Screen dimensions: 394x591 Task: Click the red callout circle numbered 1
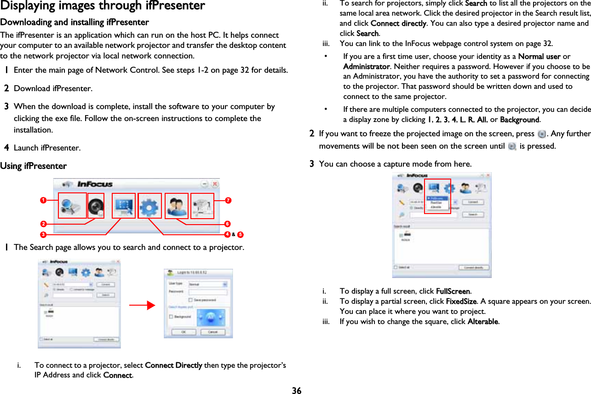click(42, 200)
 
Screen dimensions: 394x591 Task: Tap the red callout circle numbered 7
click(228, 200)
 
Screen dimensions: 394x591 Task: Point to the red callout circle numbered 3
click(42, 235)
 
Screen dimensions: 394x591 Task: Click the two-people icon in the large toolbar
click(176, 206)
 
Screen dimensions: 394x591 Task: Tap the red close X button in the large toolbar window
click(214, 183)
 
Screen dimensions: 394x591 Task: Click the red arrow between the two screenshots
click(142, 304)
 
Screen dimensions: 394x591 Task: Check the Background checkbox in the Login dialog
click(172, 317)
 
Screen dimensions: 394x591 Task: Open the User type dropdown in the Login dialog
click(225, 284)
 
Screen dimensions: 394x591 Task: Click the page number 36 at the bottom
click(297, 391)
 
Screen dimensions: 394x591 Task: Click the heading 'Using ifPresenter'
click(34, 166)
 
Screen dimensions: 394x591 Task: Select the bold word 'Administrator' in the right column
click(366, 66)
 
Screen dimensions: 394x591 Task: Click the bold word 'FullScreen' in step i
click(453, 291)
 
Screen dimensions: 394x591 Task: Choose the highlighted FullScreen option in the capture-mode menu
click(436, 198)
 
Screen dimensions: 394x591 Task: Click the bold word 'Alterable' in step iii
click(482, 321)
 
